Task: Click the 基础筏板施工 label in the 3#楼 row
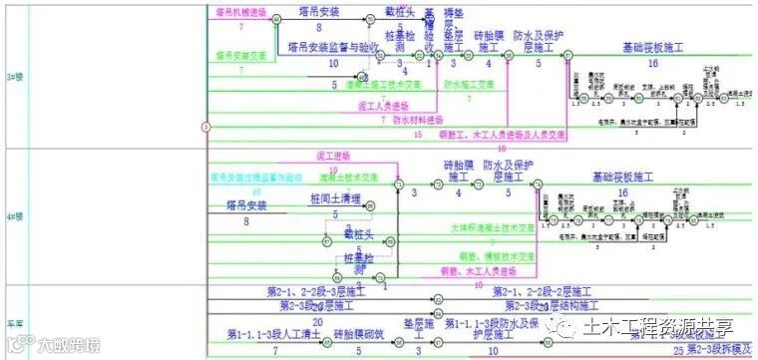(652, 47)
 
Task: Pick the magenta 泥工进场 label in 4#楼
(333, 157)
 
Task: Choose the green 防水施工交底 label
(469, 85)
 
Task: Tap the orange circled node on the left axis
(205, 127)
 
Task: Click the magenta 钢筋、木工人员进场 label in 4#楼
(483, 270)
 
